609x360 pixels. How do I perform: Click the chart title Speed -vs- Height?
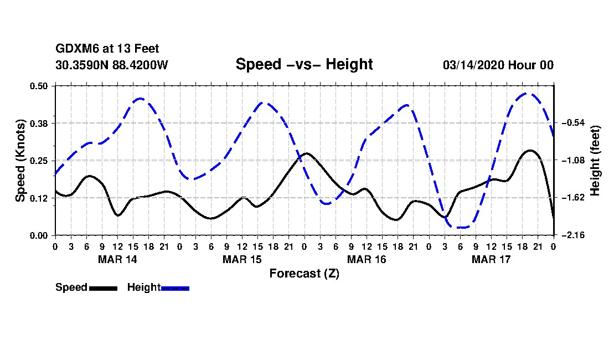(x=304, y=64)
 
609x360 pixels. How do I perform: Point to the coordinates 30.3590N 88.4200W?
(x=111, y=65)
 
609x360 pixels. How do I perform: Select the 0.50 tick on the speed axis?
(x=40, y=86)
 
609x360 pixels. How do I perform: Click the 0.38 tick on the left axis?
(x=40, y=123)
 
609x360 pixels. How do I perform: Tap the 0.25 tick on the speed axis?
(x=40, y=161)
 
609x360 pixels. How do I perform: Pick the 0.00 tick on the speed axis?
(x=40, y=235)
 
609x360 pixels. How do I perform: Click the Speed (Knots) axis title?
(x=20, y=160)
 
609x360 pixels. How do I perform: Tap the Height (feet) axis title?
(x=596, y=161)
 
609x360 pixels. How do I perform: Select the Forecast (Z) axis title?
(x=304, y=273)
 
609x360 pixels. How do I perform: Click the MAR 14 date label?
(x=117, y=259)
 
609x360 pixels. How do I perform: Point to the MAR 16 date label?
(x=367, y=259)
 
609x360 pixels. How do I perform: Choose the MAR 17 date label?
(x=491, y=259)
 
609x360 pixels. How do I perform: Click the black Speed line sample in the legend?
(x=102, y=288)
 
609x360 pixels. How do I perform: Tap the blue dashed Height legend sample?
(x=175, y=288)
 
